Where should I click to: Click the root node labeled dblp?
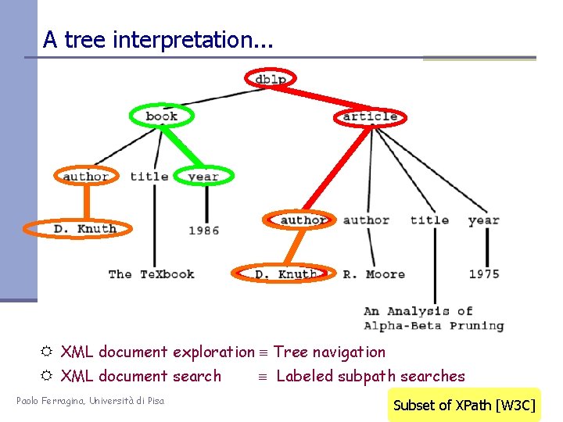(x=271, y=78)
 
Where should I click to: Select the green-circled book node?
(x=162, y=116)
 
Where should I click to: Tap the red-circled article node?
(x=370, y=117)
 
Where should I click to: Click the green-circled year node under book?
(x=203, y=177)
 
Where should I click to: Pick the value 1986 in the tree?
(x=204, y=231)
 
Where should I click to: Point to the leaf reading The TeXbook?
(x=151, y=274)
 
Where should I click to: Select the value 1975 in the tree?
(x=485, y=274)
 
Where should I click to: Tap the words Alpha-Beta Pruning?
(x=434, y=326)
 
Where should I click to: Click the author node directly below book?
(x=85, y=177)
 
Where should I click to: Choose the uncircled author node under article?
(x=366, y=220)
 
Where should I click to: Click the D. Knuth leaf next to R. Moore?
(x=285, y=274)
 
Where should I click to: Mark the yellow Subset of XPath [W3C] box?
(x=464, y=405)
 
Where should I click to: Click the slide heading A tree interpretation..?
(x=158, y=39)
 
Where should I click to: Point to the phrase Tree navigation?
(x=329, y=352)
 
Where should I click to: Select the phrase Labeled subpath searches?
(x=371, y=377)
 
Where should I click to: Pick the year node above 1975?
(x=483, y=220)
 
